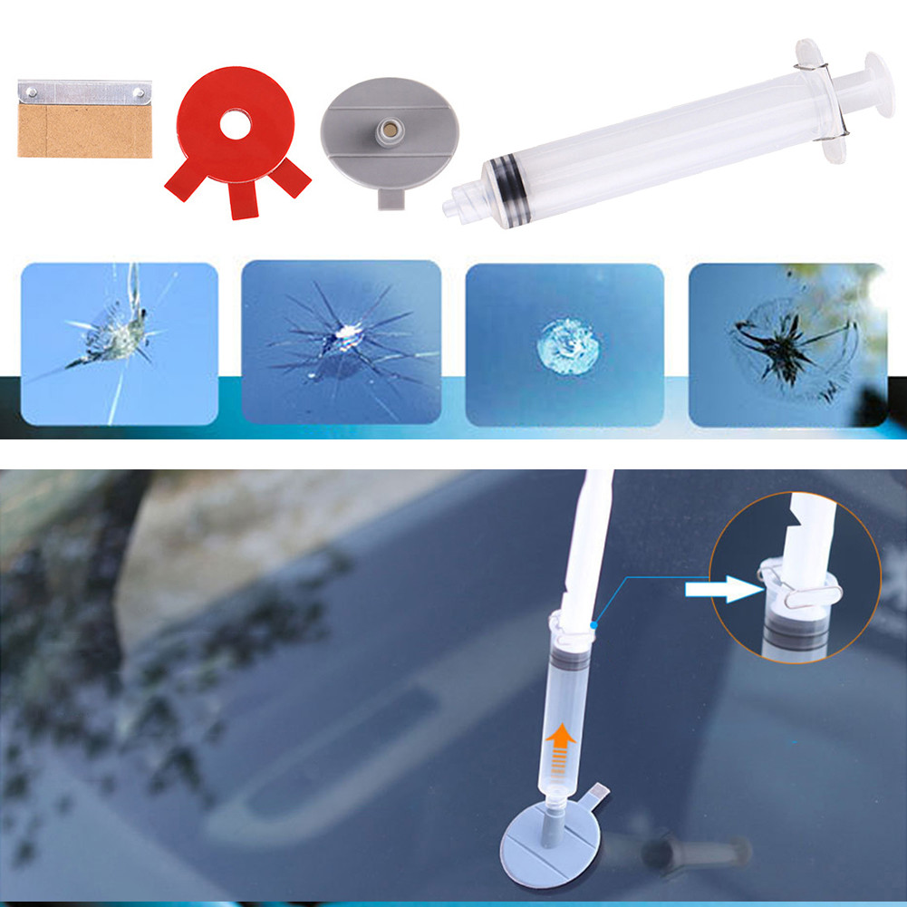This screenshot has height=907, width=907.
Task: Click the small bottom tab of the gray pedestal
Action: [390, 197]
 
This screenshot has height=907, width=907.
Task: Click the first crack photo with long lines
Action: [119, 343]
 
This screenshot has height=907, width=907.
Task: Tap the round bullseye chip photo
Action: [564, 343]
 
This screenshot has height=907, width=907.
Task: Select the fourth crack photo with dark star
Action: [787, 344]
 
